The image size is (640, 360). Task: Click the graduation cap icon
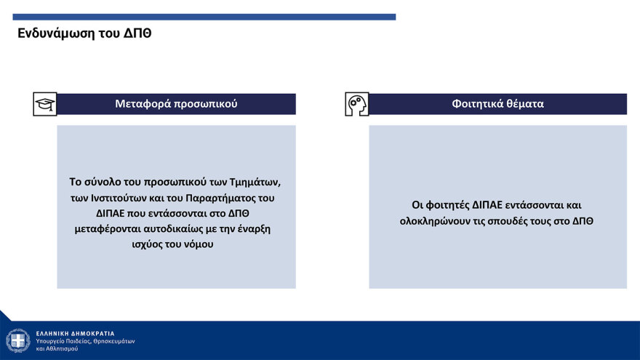(45, 104)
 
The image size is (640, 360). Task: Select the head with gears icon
(357, 104)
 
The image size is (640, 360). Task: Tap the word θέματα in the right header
(525, 104)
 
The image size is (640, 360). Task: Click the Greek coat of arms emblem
(18, 340)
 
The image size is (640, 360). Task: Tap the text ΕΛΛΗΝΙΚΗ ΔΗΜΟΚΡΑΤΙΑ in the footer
(75, 334)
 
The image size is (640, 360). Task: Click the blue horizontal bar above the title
(204, 17)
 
